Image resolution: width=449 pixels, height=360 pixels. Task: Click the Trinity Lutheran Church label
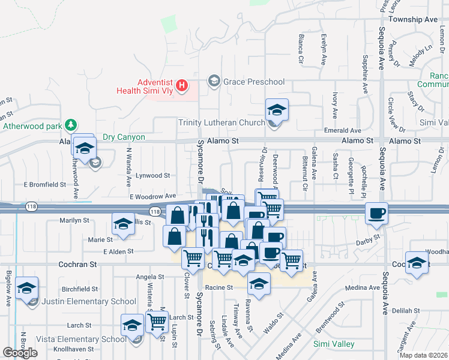[x=221, y=123]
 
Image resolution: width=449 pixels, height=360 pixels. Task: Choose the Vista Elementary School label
[x=80, y=339]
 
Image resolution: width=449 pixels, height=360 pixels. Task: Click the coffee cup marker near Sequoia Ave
[x=376, y=214]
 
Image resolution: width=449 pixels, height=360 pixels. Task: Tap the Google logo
[x=20, y=353]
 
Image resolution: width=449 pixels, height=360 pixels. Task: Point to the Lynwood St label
[x=153, y=176]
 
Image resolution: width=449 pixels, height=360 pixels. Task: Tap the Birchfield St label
[x=79, y=289]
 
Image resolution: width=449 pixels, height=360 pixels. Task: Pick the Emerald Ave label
[x=343, y=130]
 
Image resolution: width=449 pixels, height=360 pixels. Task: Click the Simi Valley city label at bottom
[x=334, y=344]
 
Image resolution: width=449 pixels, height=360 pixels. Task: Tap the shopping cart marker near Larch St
[x=157, y=322]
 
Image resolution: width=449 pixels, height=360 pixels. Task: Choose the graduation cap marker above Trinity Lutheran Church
[x=277, y=110]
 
